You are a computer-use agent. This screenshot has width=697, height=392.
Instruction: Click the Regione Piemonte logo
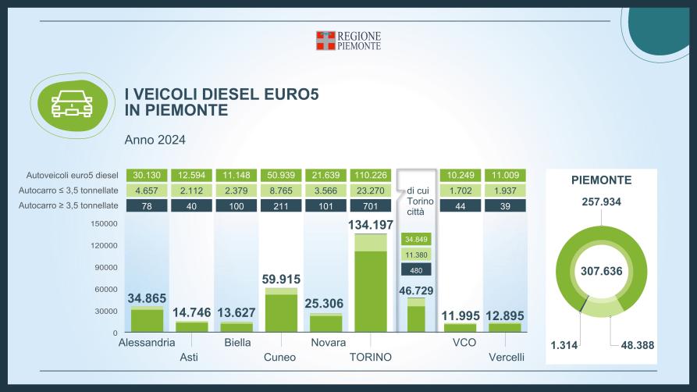tap(348, 41)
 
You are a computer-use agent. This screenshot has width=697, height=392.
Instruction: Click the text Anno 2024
tap(155, 141)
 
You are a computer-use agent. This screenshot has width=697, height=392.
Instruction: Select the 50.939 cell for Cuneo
tap(282, 175)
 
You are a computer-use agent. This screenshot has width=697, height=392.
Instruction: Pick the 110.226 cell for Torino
tap(371, 175)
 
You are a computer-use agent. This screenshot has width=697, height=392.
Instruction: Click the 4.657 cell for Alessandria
tap(148, 190)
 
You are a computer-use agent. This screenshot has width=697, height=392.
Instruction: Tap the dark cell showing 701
tap(371, 205)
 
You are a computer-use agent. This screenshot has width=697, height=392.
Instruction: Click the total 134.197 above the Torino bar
tap(371, 226)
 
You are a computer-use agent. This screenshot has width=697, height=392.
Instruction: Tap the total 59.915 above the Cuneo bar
tap(282, 279)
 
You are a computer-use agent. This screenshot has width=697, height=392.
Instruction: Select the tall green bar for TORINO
tap(371, 289)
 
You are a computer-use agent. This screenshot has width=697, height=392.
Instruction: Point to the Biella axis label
tap(237, 343)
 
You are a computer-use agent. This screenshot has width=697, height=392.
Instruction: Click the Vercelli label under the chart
tap(505, 358)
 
